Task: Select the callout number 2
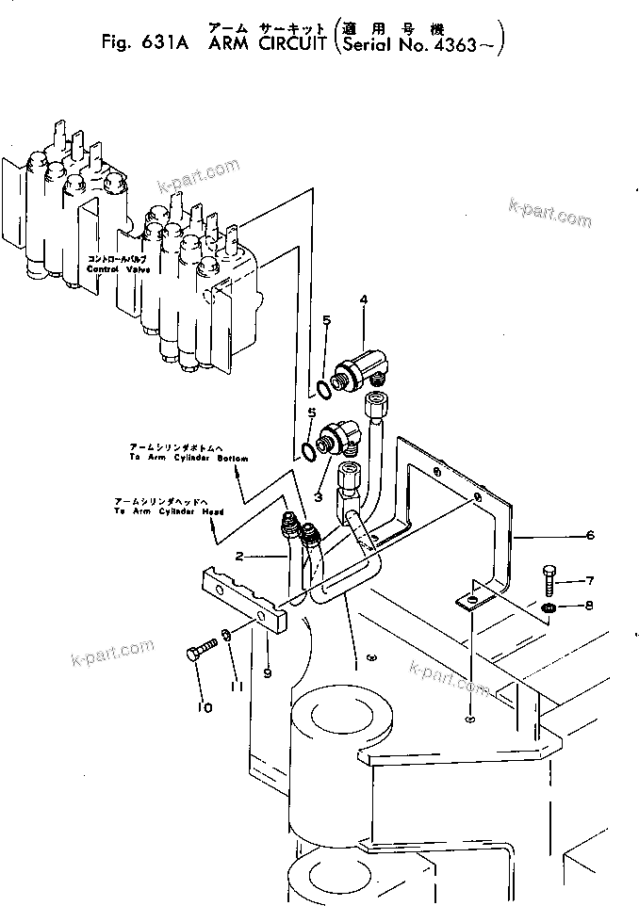(240, 557)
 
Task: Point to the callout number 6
(590, 536)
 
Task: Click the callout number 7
(590, 580)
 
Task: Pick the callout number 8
(590, 606)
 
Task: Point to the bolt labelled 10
(202, 651)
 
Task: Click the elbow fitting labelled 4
(364, 364)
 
